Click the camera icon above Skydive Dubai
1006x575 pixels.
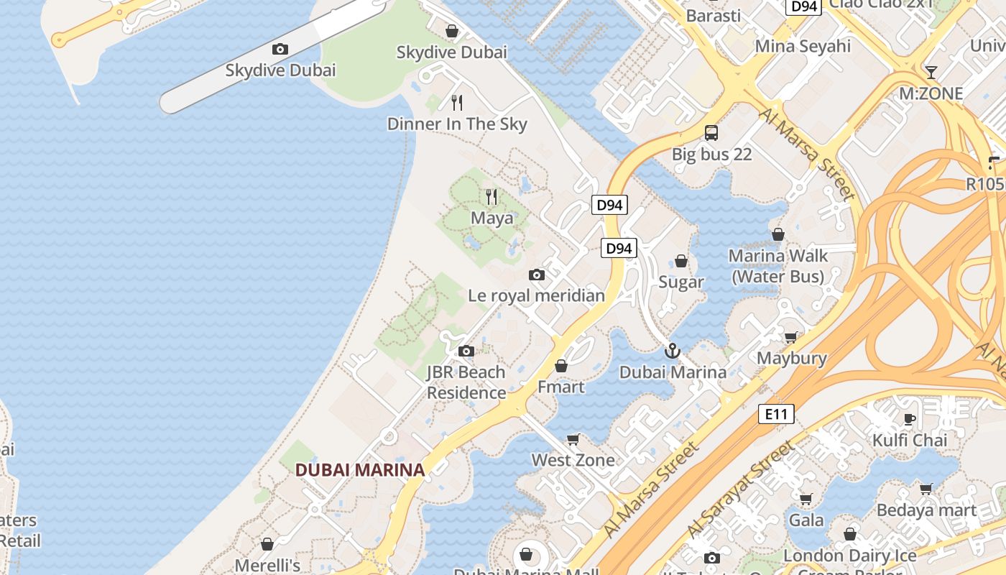280,50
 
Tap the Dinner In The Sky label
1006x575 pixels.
457,124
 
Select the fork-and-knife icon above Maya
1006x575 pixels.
492,196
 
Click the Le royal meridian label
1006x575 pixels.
536,295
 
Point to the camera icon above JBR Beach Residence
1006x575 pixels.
466,351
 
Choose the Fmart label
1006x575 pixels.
561,387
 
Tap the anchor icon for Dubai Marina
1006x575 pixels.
673,351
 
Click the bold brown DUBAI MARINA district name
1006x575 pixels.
360,470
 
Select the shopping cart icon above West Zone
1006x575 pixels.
573,438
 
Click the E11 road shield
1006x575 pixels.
776,414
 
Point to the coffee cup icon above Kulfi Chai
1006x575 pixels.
910,418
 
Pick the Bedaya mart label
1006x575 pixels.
926,510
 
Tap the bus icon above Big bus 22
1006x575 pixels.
711,132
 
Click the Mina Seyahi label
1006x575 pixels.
803,46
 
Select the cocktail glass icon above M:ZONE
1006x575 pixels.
931,72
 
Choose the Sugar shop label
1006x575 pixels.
681,282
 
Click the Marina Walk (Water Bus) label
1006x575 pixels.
778,266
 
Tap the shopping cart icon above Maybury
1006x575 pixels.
791,337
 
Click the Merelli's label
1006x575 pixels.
267,566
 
